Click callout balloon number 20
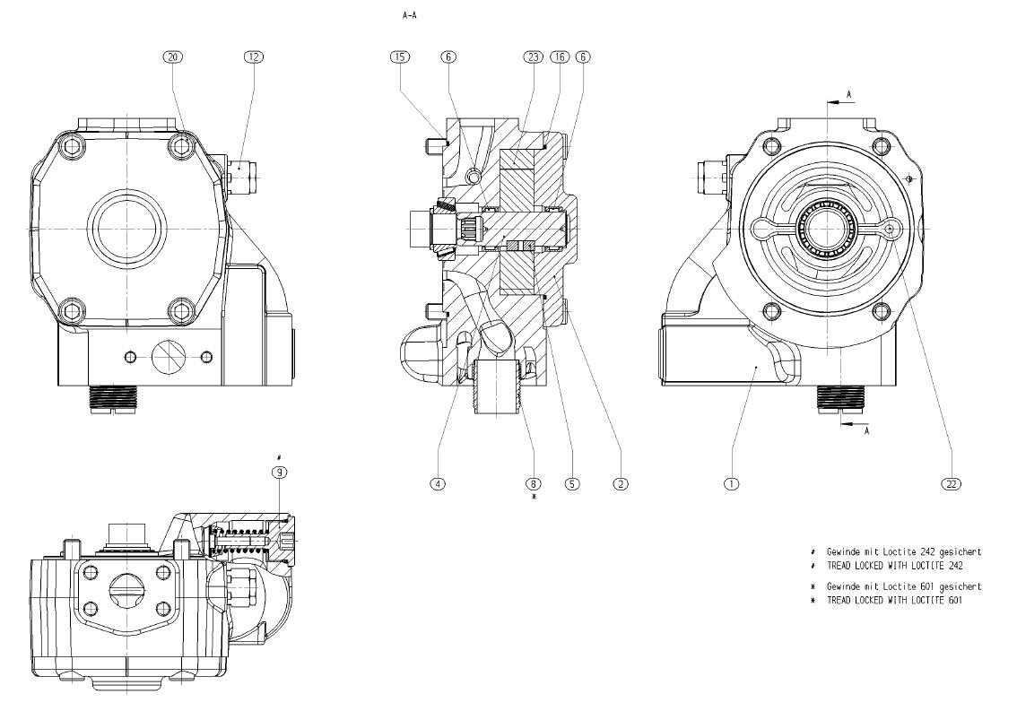point(173,56)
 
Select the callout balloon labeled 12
point(254,56)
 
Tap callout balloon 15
point(399,56)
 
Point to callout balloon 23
point(533,56)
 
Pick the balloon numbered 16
point(559,56)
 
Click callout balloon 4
point(438,484)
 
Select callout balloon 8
point(535,484)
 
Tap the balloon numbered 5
point(571,484)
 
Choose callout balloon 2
point(620,484)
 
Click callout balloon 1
point(731,484)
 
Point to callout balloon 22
point(952,484)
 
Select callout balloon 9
point(280,472)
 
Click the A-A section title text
point(411,15)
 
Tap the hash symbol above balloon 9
point(280,457)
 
